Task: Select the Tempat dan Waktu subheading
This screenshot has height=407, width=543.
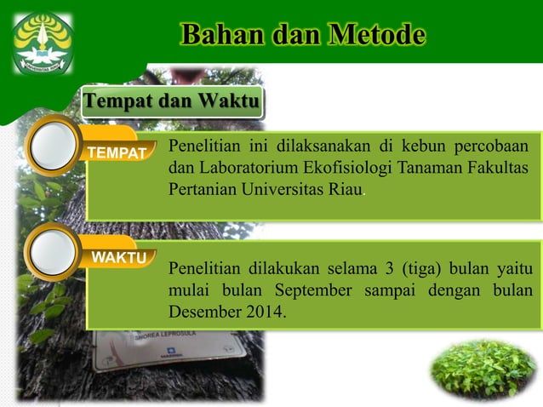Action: tap(171, 102)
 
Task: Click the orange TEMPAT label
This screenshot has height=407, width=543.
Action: tap(118, 153)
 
